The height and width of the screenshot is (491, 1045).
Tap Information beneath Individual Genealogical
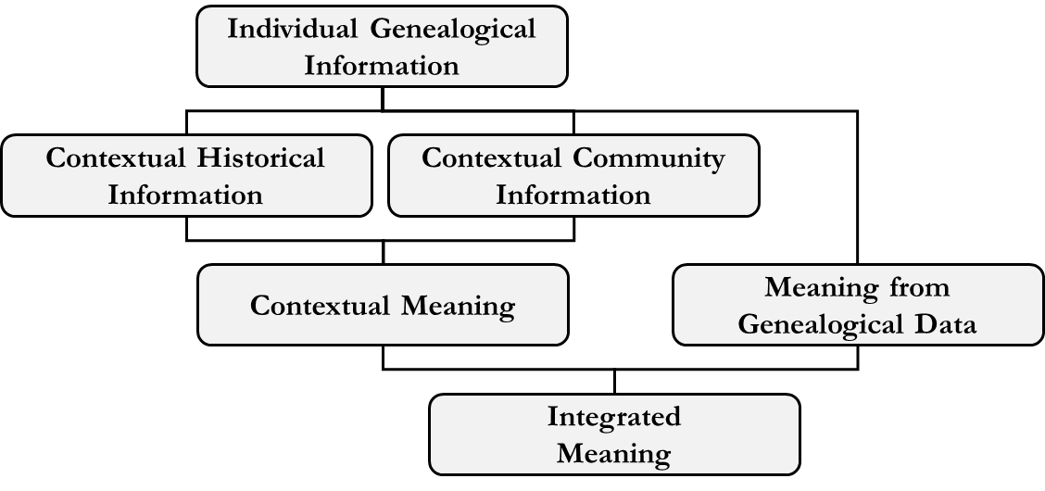pos(382,66)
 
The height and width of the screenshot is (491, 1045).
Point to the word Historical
pos(260,157)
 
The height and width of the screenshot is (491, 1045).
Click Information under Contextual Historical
pos(185,195)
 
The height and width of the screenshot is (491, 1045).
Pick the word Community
pos(648,157)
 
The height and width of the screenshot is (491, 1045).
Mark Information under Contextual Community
pos(573,195)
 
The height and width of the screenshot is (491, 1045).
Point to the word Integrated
pos(613,417)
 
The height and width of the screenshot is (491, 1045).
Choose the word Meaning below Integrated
pos(613,454)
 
